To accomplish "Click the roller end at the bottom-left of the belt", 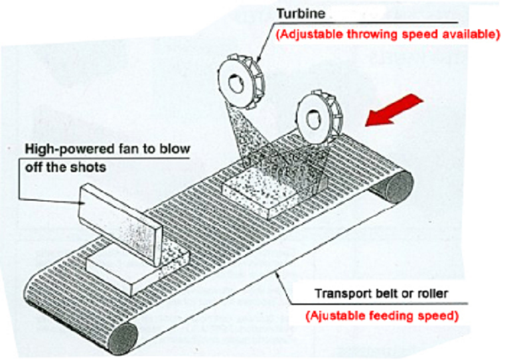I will pos(123,338).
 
